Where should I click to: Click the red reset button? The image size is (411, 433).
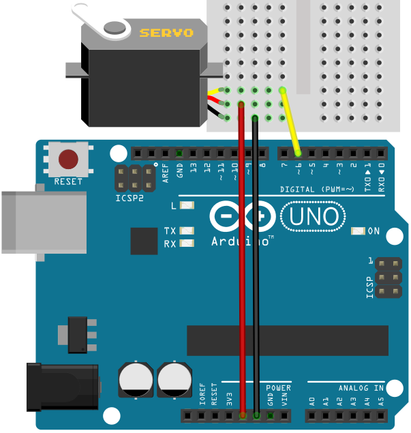click(68, 159)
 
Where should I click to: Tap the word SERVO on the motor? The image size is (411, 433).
click(166, 32)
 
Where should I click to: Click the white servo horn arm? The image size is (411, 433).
click(102, 20)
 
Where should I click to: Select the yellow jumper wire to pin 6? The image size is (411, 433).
click(290, 123)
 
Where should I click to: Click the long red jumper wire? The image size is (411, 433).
click(241, 273)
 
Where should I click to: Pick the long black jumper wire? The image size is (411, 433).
click(256, 273)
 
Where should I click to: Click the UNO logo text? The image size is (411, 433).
click(309, 217)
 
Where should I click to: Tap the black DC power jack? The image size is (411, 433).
click(61, 387)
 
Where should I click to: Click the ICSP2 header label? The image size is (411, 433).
click(130, 200)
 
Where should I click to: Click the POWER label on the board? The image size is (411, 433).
click(278, 388)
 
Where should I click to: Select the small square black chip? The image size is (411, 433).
click(144, 241)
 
